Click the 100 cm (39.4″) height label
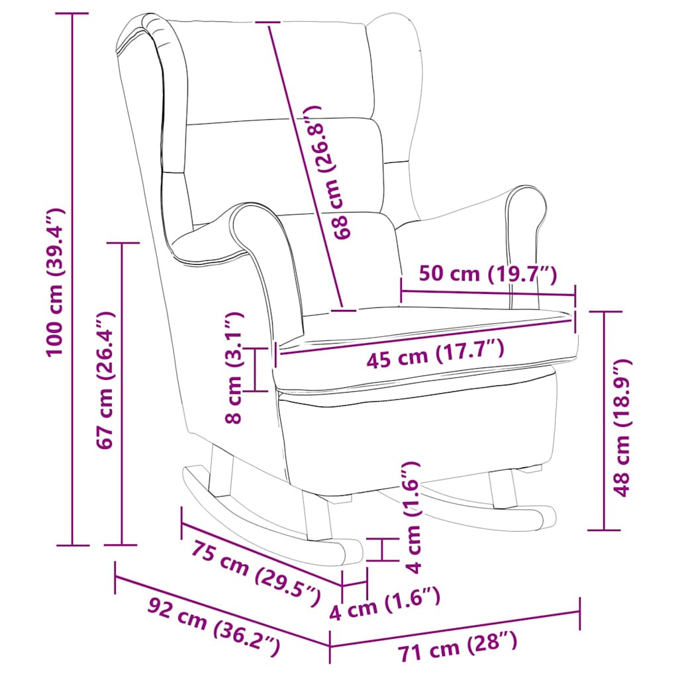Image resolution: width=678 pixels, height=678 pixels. pos(55,281)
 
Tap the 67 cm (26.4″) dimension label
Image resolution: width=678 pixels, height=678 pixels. pos(105,381)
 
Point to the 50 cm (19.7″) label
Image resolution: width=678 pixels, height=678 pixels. pos(488,273)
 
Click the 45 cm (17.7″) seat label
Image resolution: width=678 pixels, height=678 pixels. pos(436,353)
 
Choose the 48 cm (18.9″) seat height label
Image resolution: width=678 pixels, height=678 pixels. pos(622,428)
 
